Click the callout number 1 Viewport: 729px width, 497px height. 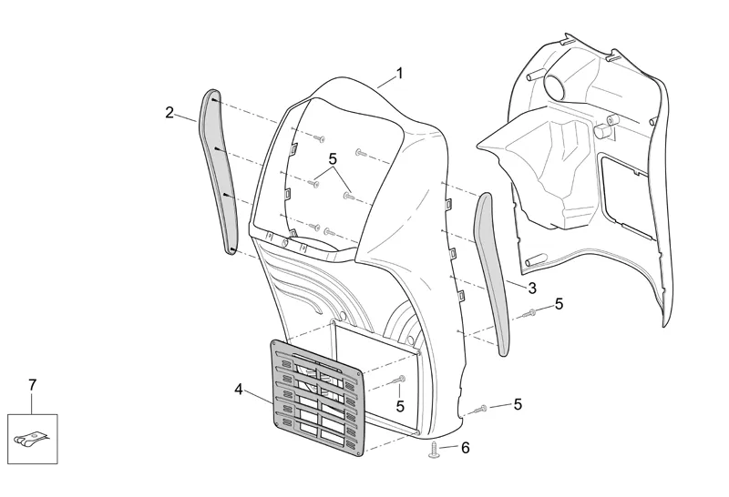(399, 72)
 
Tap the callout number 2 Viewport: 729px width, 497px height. (169, 112)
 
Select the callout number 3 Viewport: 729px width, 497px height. (532, 288)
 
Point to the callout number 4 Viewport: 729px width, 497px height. (239, 390)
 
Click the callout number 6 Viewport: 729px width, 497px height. (465, 448)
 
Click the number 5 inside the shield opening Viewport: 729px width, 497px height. (333, 157)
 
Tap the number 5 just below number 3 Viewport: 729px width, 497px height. (559, 304)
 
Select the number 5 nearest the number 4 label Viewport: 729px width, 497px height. (399, 406)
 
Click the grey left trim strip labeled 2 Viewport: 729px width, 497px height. (221, 173)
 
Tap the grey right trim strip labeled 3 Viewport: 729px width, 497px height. (497, 273)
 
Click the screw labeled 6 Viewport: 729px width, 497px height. (436, 451)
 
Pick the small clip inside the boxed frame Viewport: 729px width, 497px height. (31, 440)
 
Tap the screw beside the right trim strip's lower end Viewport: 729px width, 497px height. (529, 315)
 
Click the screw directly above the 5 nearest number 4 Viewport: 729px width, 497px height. (398, 378)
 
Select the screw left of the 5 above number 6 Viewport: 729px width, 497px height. (482, 409)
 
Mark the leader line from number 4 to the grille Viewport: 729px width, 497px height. (261, 395)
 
